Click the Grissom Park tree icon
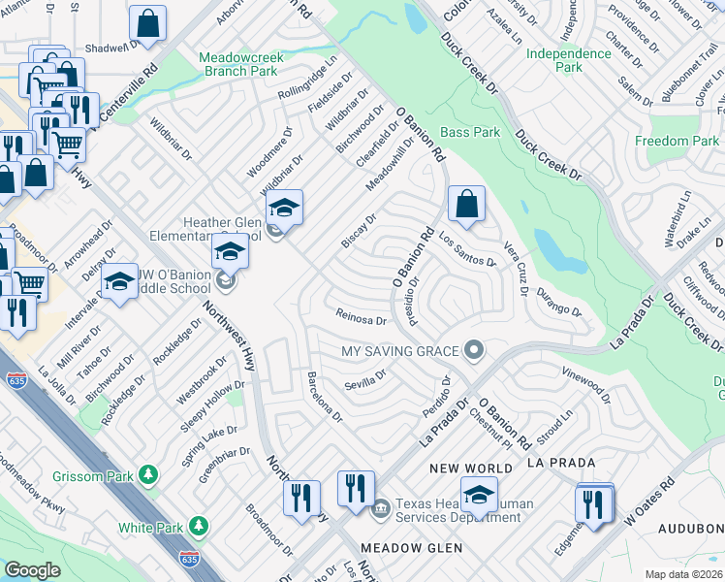click(x=147, y=475)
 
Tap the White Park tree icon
click(x=199, y=527)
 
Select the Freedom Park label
click(x=677, y=142)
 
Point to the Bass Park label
click(x=470, y=132)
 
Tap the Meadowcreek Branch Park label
click(x=241, y=65)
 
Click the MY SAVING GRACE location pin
click(x=474, y=349)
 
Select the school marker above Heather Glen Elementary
click(x=284, y=208)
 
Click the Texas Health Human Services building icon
click(x=380, y=505)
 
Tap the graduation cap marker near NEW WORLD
click(x=479, y=495)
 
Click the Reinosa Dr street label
click(x=361, y=316)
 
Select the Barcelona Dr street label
click(x=324, y=397)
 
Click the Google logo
click(x=32, y=570)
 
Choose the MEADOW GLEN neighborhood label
click(x=396, y=547)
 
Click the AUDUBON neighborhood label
click(x=690, y=529)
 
